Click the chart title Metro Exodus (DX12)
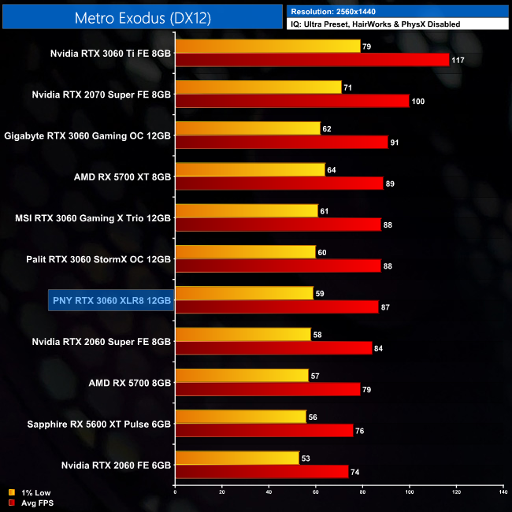(x=142, y=17)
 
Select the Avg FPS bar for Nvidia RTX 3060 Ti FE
(x=312, y=60)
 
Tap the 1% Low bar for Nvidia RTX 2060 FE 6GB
(x=237, y=458)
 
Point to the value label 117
(x=458, y=60)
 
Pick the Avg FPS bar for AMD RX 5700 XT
(x=279, y=183)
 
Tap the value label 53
(x=308, y=458)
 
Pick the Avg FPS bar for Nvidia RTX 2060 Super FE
(x=273, y=348)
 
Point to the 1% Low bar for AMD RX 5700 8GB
(x=242, y=376)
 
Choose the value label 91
(x=395, y=142)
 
